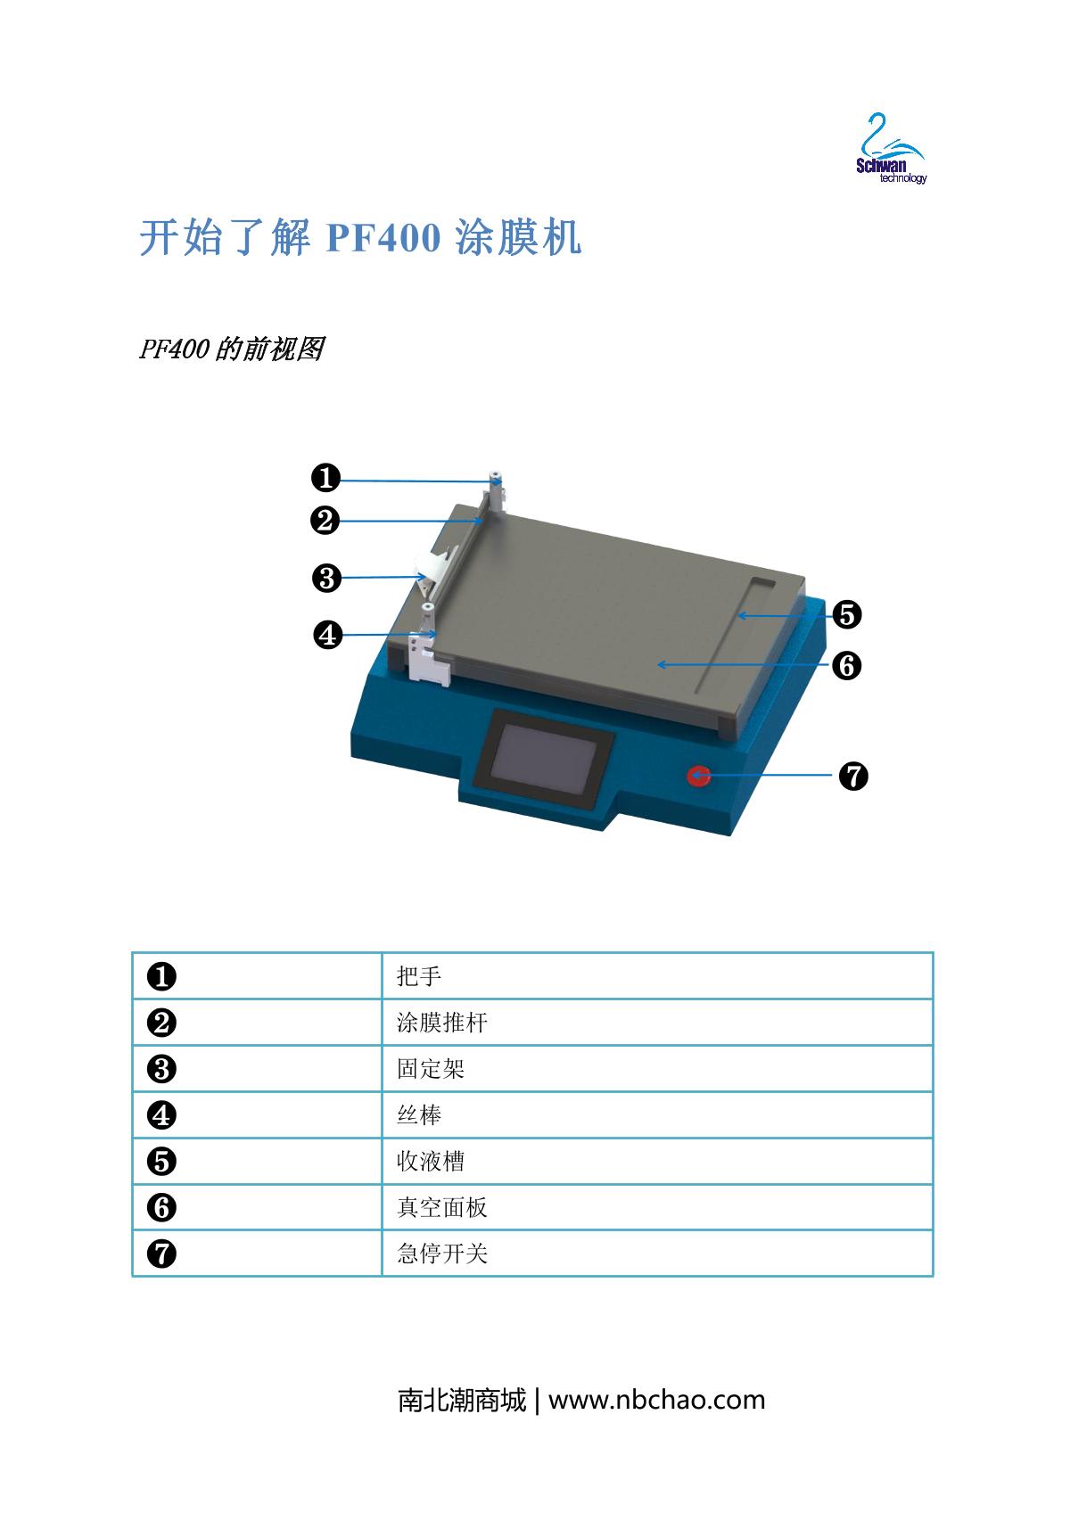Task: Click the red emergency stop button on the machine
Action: (x=699, y=775)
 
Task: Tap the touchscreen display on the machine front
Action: (x=543, y=753)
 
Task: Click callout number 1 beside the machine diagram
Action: (x=325, y=477)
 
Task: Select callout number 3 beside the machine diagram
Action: (x=326, y=579)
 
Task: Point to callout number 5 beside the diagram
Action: (x=846, y=614)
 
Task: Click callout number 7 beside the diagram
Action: (x=853, y=776)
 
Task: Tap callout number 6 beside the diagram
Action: (x=846, y=665)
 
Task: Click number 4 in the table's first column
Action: (x=161, y=1115)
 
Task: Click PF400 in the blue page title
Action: (x=383, y=238)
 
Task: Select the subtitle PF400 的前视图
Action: (x=232, y=349)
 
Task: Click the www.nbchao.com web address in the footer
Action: (x=656, y=1400)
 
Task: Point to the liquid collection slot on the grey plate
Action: (x=736, y=635)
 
